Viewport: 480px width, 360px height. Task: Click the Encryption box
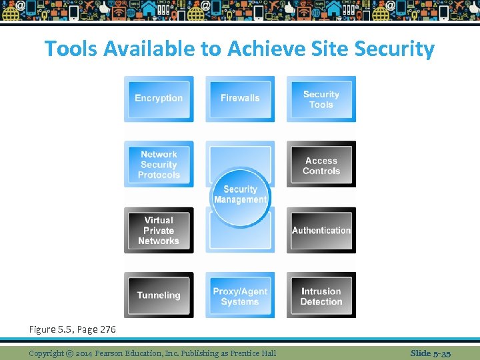[x=159, y=99]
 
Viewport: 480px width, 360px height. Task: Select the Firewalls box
[x=240, y=99]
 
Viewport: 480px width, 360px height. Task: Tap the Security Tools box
[x=321, y=99]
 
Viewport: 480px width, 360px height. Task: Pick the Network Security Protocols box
[x=159, y=164]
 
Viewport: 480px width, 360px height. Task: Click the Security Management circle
[x=240, y=195]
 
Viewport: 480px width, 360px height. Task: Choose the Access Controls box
[x=321, y=165]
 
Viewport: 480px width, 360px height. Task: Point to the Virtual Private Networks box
[x=159, y=230]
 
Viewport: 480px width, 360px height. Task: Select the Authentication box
[x=321, y=230]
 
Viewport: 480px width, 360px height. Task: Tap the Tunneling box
[x=159, y=295]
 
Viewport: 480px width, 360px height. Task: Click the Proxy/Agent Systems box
[x=240, y=296]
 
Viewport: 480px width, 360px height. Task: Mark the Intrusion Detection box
[x=321, y=296]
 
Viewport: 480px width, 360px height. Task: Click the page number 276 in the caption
[x=105, y=329]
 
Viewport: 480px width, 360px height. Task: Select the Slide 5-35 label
[x=430, y=353]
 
